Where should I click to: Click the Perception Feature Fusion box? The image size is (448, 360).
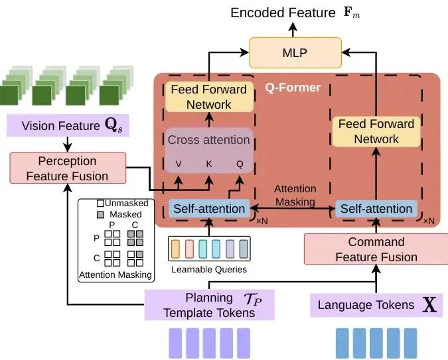click(68, 168)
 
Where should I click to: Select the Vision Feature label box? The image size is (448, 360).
click(66, 126)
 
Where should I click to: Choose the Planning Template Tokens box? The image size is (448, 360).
click(210, 305)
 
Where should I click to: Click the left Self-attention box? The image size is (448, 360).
click(210, 209)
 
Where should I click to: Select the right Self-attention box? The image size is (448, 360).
click(376, 209)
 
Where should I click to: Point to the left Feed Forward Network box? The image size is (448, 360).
click(208, 97)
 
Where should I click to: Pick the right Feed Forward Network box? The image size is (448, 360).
click(376, 131)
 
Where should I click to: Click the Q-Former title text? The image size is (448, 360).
click(293, 87)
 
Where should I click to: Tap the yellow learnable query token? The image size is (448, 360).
click(177, 249)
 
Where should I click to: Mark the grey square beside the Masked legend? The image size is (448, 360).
click(100, 214)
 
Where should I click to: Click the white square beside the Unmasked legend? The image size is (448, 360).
click(100, 204)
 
